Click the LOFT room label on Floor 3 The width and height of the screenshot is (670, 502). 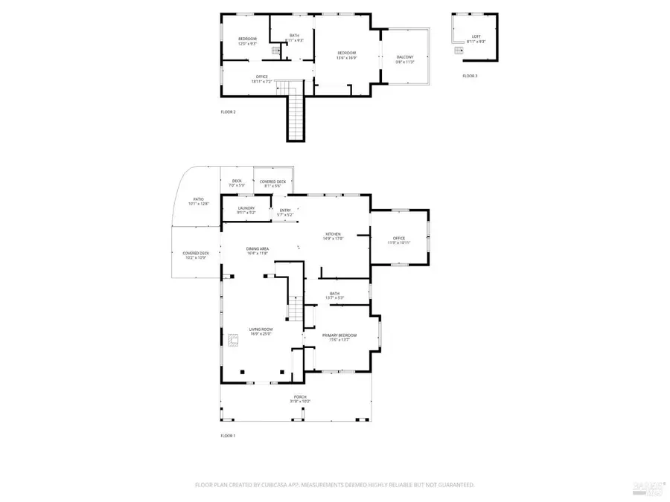tap(476, 36)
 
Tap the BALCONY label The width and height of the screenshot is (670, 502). tap(405, 57)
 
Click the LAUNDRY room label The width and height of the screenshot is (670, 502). tap(246, 207)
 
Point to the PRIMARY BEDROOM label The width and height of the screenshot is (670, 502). tap(339, 335)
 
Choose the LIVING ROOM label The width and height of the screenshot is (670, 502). tap(261, 329)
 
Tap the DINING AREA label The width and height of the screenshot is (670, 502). tap(258, 248)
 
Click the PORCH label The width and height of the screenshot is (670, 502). tap(300, 397)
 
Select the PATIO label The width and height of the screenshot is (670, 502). tap(198, 199)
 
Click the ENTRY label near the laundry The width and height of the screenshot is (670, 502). tap(285, 210)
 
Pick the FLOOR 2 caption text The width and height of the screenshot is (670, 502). tap(228, 112)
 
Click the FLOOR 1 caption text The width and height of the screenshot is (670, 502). tap(228, 435)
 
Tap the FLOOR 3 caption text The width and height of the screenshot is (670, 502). tap(470, 76)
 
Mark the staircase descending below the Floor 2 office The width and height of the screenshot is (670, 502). tap(296, 115)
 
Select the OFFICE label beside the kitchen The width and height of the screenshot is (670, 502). tap(401, 238)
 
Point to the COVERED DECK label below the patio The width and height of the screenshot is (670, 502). tap(196, 253)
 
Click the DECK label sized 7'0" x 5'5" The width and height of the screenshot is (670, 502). tap(237, 181)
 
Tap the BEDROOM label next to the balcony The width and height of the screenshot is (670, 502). tap(347, 52)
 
